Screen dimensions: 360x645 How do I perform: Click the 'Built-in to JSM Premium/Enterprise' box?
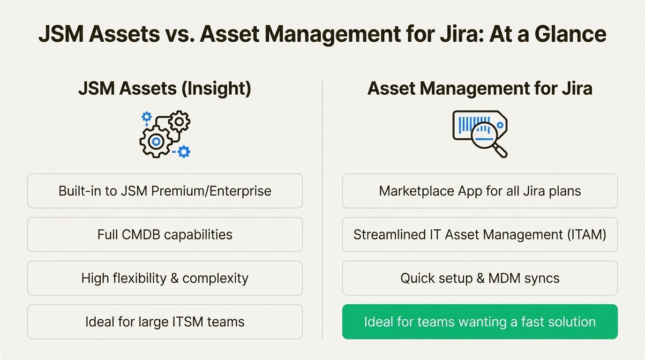click(165, 191)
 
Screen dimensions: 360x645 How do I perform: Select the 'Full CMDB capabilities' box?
click(165, 234)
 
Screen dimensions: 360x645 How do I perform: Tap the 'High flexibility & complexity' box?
click(165, 278)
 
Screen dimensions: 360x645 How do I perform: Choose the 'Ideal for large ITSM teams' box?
click(165, 322)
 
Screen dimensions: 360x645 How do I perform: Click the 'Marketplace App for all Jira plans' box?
click(480, 191)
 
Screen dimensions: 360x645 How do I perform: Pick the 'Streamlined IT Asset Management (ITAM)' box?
click(480, 234)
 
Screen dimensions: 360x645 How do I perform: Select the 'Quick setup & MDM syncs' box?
click(480, 278)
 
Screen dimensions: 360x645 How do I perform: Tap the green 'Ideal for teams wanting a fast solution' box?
click(480, 322)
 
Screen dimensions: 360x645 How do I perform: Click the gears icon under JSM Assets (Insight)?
click(165, 134)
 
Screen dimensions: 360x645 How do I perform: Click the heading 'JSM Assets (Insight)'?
click(165, 89)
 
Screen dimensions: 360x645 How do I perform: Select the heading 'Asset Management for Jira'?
click(480, 89)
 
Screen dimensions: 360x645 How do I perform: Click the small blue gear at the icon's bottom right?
click(184, 151)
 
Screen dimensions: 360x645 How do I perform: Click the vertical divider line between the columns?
click(322, 211)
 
